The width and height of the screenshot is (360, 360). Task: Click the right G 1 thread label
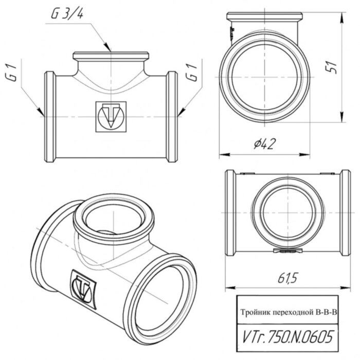[193, 78]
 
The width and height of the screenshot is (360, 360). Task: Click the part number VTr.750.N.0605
[286, 335]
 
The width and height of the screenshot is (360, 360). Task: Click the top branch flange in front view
[111, 56]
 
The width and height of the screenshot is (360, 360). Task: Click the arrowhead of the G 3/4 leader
[110, 50]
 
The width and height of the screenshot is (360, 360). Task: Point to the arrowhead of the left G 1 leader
[42, 113]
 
